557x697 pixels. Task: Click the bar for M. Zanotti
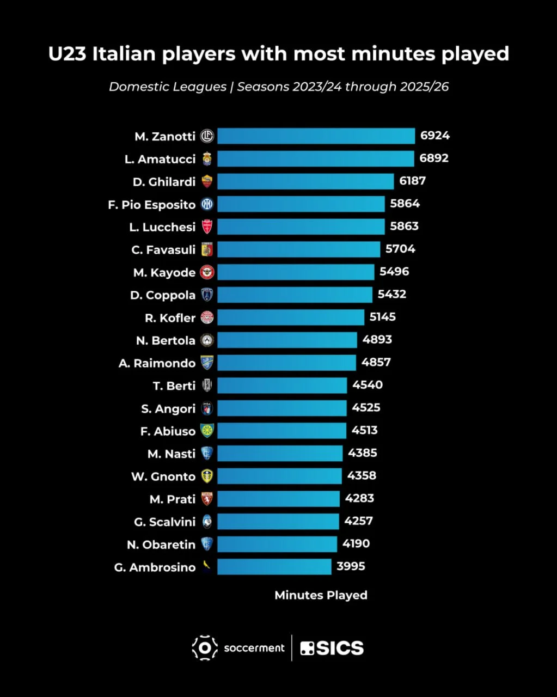(x=316, y=136)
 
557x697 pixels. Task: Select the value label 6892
(x=434, y=158)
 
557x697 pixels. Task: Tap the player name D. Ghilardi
(x=164, y=182)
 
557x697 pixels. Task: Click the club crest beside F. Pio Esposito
(x=207, y=204)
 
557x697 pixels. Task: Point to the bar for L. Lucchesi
(x=301, y=227)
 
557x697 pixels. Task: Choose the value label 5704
(x=400, y=249)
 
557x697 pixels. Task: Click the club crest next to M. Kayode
(x=207, y=272)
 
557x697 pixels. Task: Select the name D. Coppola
(x=163, y=295)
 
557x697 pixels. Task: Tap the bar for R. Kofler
(x=291, y=317)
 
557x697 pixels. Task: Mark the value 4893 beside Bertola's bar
(x=377, y=340)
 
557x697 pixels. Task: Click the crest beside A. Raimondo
(x=207, y=363)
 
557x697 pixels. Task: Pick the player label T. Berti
(x=174, y=386)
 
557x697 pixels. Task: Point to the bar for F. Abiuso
(x=281, y=431)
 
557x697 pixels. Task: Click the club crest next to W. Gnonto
(x=207, y=476)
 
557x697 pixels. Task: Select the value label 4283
(x=359, y=498)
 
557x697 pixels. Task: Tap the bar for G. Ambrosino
(x=274, y=567)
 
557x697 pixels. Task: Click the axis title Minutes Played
(x=321, y=595)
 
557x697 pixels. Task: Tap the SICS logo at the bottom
(x=332, y=648)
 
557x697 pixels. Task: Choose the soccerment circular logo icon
(x=205, y=648)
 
